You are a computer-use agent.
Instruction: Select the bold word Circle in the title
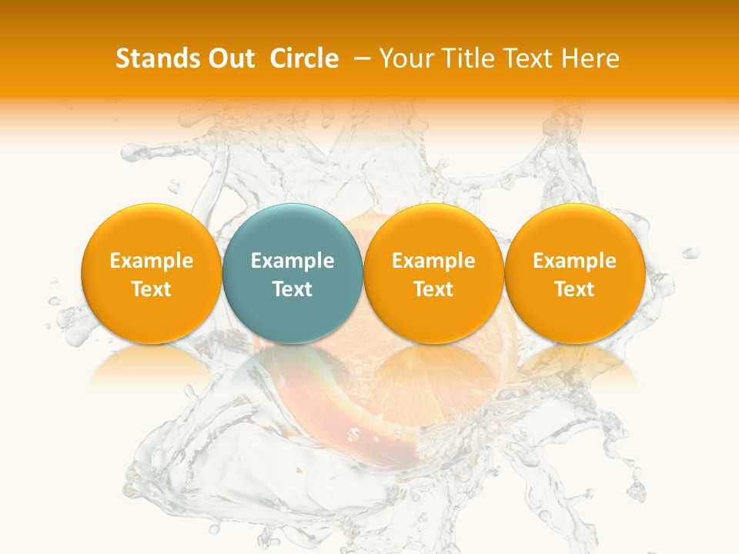coord(304,58)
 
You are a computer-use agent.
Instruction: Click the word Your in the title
coord(403,58)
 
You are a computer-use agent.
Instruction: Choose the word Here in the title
coord(590,58)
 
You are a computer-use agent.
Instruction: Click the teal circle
coord(293,231)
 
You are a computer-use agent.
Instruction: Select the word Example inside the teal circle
coord(293,261)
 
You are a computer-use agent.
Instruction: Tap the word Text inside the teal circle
coord(293,289)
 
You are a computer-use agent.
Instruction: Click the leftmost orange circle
coord(151,231)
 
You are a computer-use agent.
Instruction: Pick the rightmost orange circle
coord(574,231)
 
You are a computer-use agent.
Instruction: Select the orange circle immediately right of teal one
coord(433,231)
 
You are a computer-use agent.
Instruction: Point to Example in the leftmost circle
coord(151,261)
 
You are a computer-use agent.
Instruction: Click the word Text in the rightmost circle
coord(574,289)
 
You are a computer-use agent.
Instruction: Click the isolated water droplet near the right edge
coord(691,253)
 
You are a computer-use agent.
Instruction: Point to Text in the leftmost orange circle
coord(151,289)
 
